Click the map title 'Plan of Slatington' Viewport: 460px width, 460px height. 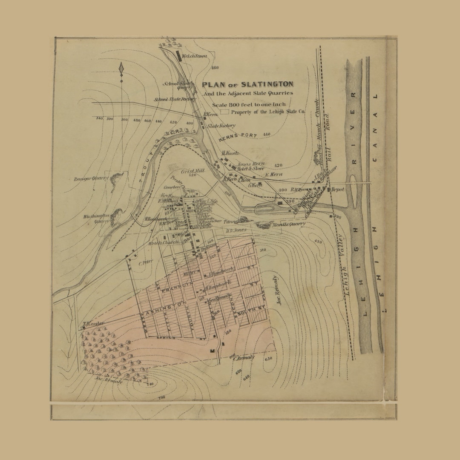pyautogui.click(x=247, y=84)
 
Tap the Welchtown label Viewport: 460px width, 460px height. pyautogui.click(x=194, y=56)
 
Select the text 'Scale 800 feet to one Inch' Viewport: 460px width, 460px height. pyautogui.click(x=249, y=104)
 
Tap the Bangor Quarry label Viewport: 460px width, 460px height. pyautogui.click(x=91, y=178)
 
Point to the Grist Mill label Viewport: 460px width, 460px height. pyautogui.click(x=193, y=171)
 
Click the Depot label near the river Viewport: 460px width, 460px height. pyautogui.click(x=337, y=189)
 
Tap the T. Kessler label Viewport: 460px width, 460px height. pyautogui.click(x=93, y=323)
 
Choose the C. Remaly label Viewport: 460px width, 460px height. pyautogui.click(x=244, y=358)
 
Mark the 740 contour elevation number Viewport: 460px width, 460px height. pyautogui.click(x=149, y=385)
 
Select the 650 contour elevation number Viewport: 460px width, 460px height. pyautogui.click(x=268, y=358)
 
